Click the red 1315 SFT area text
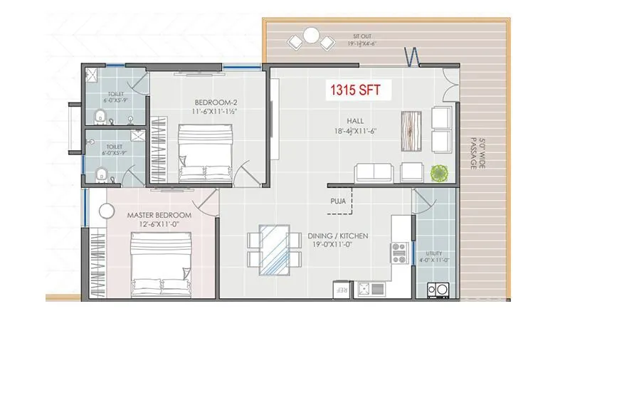[354, 91]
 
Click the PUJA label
[339, 201]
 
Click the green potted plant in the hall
[439, 172]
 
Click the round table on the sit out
[311, 34]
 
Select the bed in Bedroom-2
[204, 152]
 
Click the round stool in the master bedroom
[107, 211]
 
